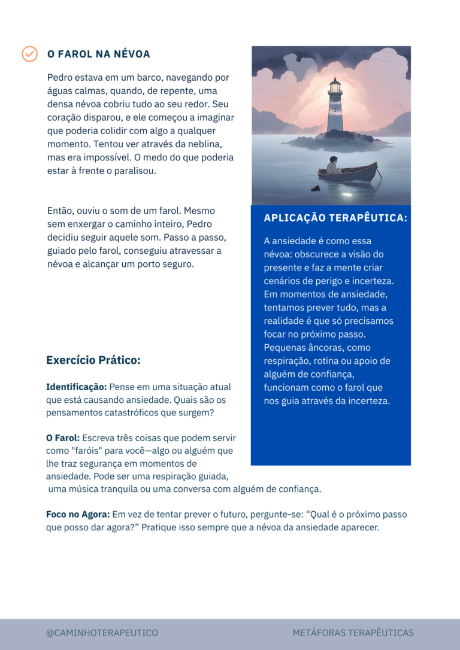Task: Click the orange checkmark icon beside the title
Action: (29, 54)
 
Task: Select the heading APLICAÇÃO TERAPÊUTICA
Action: (335, 218)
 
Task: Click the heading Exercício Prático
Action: (93, 360)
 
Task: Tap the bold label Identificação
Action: (77, 387)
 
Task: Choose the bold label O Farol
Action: (63, 438)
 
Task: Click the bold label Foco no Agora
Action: (78, 514)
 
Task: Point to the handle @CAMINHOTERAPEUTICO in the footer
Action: (102, 633)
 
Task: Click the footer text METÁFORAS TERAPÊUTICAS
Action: (353, 633)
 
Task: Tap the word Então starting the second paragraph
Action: (60, 211)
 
